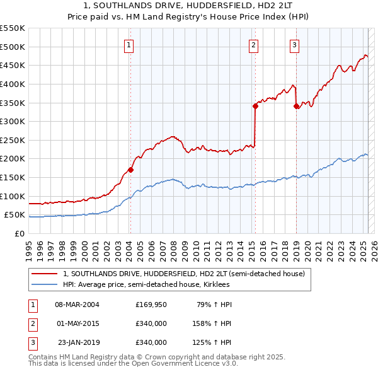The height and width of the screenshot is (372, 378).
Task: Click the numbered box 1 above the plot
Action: click(129, 45)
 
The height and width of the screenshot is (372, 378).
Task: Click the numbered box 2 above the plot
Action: click(253, 45)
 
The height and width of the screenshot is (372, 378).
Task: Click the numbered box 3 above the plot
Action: click(295, 45)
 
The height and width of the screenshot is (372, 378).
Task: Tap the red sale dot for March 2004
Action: click(130, 169)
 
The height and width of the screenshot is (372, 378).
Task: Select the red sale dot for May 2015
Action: click(255, 106)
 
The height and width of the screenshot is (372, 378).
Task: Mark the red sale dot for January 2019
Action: click(296, 106)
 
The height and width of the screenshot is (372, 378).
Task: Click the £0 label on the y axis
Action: click(20, 234)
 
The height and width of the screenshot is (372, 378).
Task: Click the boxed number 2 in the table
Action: click(32, 324)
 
